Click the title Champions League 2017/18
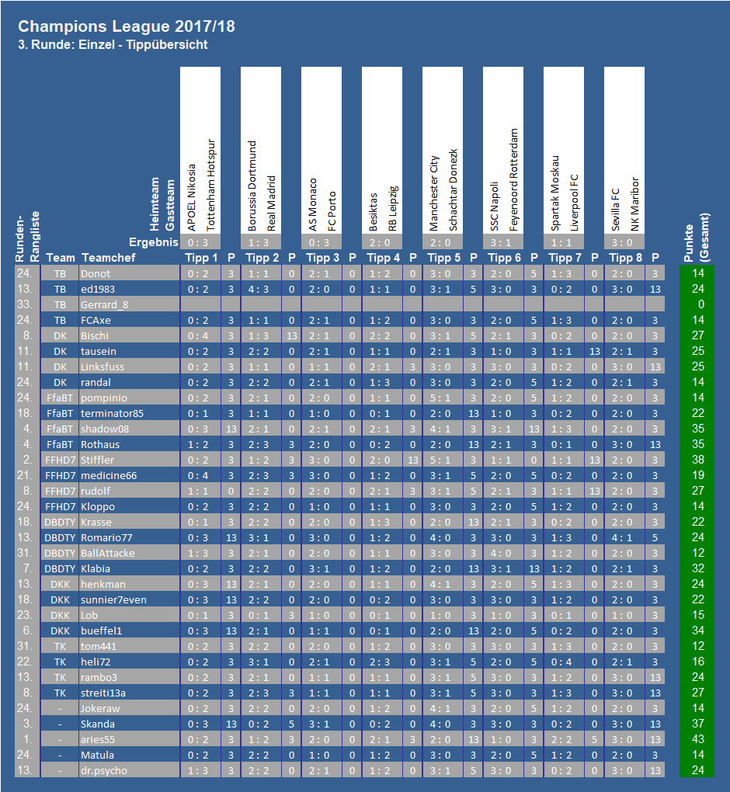point(127,26)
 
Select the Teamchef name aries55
point(98,739)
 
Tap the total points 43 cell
point(697,739)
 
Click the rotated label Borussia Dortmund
point(252,186)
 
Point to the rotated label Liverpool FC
point(574,203)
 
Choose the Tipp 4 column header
point(383,258)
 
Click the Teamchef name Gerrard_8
point(104,304)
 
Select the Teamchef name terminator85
point(112,413)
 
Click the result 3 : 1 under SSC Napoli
point(501,242)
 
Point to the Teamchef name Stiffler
point(98,460)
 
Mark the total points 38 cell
point(697,460)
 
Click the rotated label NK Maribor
point(634,204)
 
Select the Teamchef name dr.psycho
point(104,771)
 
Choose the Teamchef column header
point(109,258)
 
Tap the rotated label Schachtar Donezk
point(453,190)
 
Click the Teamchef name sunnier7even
point(113,599)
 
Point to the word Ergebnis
point(154,242)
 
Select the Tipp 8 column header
point(625,258)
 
